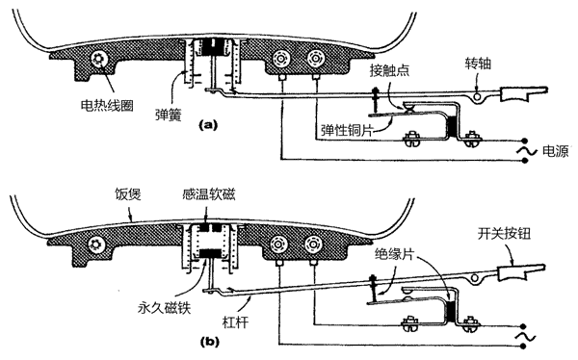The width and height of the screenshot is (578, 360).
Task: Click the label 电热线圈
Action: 107,105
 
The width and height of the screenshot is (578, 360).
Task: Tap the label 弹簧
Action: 169,115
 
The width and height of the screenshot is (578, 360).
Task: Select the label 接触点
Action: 389,70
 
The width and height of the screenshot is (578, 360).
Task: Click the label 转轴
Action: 478,64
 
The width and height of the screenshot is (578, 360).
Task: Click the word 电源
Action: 555,151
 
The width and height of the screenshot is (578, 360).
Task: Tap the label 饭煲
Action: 128,194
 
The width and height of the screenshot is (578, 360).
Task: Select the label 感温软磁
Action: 209,194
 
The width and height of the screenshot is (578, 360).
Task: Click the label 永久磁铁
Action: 165,307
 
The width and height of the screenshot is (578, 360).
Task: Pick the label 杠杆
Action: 235,322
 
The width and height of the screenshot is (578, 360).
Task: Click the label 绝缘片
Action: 394,254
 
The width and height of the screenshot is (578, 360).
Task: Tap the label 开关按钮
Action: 504,234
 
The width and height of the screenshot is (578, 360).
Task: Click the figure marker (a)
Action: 208,125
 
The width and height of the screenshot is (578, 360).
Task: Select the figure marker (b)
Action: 210,342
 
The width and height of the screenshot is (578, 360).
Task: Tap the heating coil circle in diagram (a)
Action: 99,59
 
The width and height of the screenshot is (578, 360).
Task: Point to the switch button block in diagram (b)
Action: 512,272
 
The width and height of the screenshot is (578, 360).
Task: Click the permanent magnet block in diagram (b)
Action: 210,253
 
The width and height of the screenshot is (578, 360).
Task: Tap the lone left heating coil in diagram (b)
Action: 96,244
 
